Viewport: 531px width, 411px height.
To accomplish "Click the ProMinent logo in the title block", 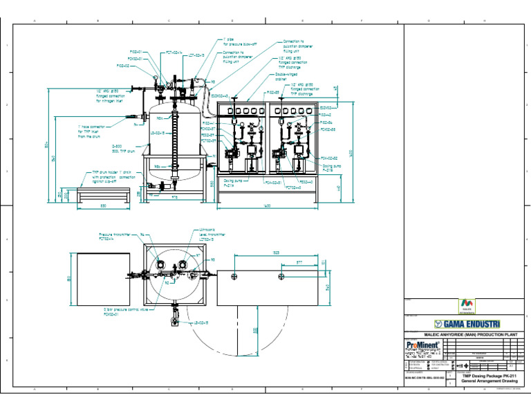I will (x=420, y=344).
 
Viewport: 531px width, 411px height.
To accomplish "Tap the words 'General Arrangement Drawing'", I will (x=490, y=381).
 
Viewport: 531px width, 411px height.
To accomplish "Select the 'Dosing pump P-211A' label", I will (x=233, y=184).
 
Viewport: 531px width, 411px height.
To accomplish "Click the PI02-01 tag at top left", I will (x=136, y=52).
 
